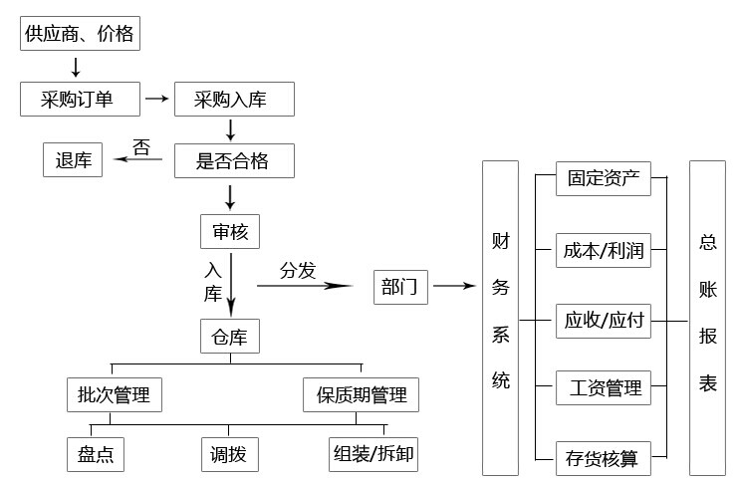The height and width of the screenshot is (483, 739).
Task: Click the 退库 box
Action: [x=73, y=159]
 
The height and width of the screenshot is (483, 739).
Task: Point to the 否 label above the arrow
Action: [x=141, y=147]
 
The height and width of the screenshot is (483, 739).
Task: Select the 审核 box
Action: [x=230, y=232]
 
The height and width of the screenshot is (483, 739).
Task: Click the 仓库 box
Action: [x=230, y=336]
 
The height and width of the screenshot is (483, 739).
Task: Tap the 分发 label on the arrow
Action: [x=297, y=270]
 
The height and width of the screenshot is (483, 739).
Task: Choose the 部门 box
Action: [x=401, y=287]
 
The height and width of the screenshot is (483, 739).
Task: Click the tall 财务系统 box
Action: [x=500, y=316]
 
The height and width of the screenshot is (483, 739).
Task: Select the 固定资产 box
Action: [x=603, y=180]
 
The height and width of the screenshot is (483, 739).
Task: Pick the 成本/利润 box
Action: [x=603, y=251]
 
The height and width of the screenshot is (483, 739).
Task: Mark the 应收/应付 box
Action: [x=603, y=321]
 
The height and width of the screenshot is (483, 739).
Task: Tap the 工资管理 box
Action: [x=603, y=387]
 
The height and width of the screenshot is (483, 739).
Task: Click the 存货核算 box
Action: [x=603, y=459]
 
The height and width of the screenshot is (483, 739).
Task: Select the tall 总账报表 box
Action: [x=708, y=316]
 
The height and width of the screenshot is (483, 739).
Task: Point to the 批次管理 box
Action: [x=114, y=395]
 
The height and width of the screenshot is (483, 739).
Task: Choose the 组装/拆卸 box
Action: [x=373, y=455]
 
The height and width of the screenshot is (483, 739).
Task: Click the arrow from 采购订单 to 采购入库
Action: [x=156, y=99]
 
